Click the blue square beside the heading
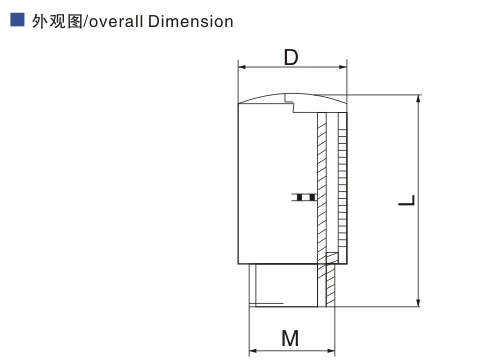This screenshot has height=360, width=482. (17, 19)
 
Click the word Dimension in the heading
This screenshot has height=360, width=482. (190, 22)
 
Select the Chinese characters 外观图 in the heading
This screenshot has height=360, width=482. (57, 22)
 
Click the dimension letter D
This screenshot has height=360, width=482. (291, 57)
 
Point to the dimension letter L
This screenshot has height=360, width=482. (407, 200)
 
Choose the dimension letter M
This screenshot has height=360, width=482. (290, 338)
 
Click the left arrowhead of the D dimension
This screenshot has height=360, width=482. (242, 67)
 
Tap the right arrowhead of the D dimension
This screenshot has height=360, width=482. (343, 67)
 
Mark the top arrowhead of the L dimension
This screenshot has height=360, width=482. (419, 99)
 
